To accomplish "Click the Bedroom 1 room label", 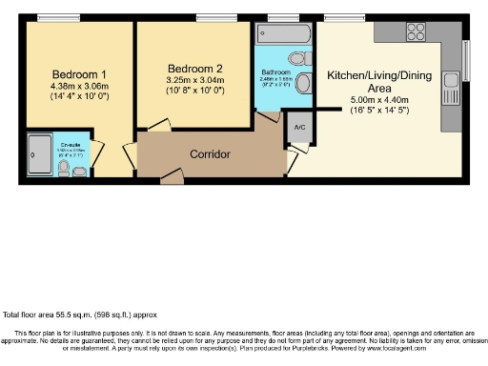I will pos(78,74).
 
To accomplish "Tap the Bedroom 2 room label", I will pos(194,69).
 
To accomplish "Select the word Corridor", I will pos(210,153).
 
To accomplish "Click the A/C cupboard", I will pos(299,128).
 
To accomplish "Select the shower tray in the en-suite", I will pos(39,150).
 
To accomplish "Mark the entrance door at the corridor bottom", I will pos(172,176).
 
